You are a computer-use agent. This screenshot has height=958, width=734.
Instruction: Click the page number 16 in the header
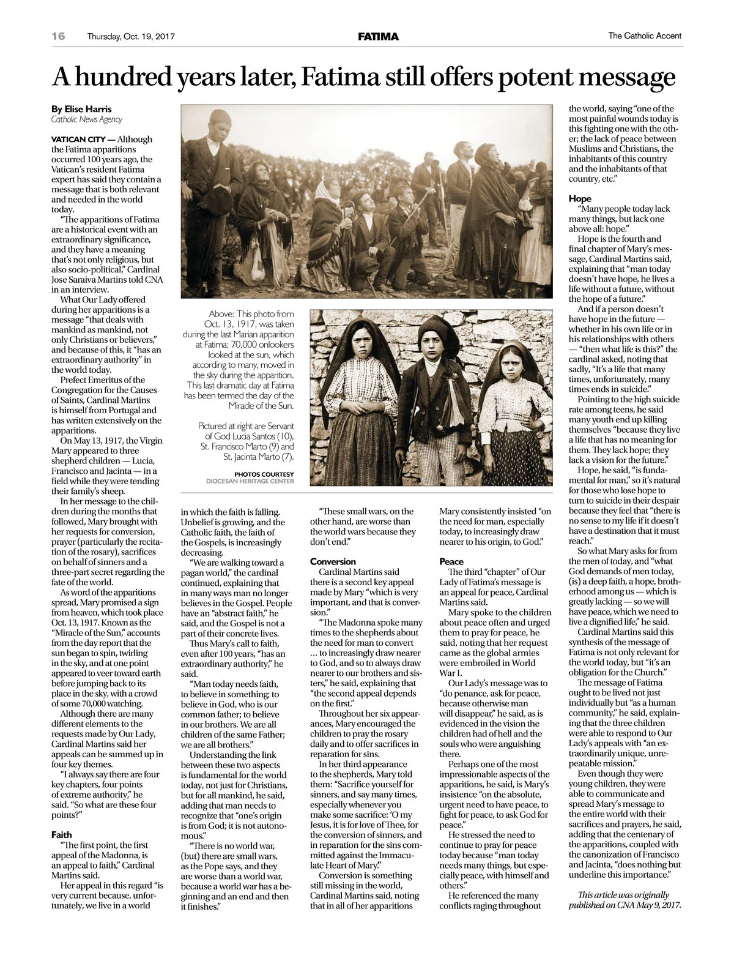click(58, 36)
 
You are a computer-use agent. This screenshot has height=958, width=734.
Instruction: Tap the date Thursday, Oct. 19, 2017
click(131, 37)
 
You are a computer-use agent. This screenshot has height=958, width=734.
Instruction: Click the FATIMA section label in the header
click(378, 37)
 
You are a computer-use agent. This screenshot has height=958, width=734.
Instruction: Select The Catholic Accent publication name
click(645, 36)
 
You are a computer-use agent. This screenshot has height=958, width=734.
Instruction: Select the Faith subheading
click(61, 834)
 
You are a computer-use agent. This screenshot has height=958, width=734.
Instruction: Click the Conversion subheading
click(333, 561)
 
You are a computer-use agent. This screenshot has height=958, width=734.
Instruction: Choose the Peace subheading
click(451, 561)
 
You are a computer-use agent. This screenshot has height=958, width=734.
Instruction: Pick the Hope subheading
click(580, 198)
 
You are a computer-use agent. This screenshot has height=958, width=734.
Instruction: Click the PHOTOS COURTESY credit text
click(264, 474)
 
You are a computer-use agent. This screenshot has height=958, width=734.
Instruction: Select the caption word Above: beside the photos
click(222, 313)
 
